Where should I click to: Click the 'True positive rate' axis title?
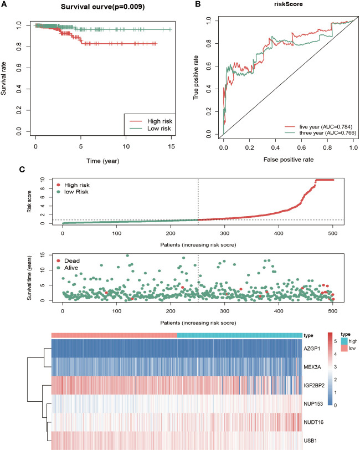point(196,77)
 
